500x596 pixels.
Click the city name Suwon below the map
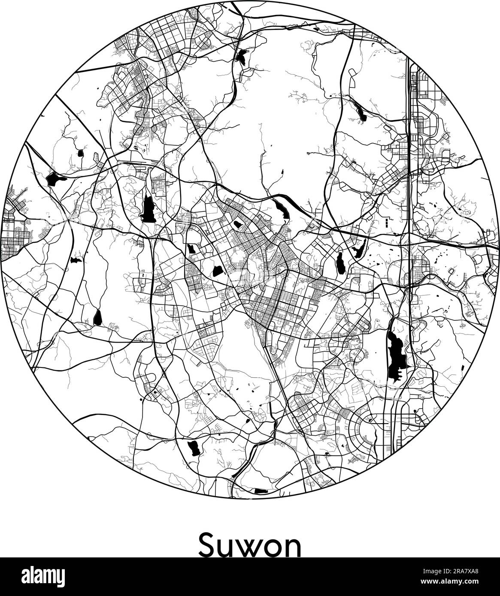point(250,545)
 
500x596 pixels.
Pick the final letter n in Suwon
point(294,547)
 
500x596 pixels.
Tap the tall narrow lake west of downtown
point(148,208)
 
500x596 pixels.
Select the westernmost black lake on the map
point(54,179)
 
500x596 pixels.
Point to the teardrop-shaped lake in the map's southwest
point(97,317)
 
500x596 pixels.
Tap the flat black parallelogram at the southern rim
point(260,491)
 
